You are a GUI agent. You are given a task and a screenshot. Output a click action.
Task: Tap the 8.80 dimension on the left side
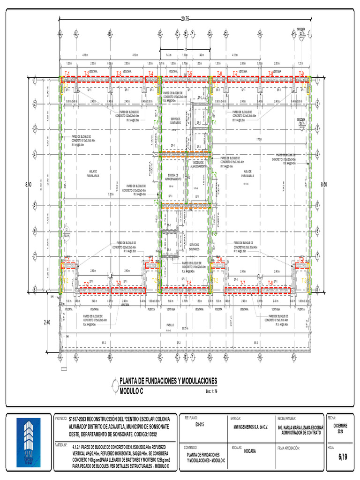(29, 185)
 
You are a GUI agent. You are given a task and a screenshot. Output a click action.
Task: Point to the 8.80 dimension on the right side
(324, 185)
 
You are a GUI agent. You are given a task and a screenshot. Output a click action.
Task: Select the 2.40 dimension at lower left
(47, 322)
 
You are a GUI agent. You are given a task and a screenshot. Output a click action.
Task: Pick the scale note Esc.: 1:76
(212, 391)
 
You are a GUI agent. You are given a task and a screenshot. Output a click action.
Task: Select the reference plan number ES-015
(199, 425)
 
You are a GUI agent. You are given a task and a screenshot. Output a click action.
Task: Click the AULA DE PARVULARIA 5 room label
(248, 173)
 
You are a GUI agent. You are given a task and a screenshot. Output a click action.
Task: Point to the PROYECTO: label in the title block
(61, 417)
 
